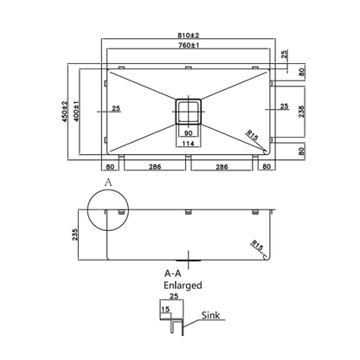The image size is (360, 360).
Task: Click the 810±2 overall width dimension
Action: click(x=188, y=34)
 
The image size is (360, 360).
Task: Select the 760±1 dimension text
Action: click(x=189, y=47)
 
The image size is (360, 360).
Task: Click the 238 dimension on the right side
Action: click(x=300, y=111)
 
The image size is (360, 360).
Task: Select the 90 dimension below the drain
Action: click(x=189, y=132)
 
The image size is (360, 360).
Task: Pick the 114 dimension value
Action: click(x=189, y=144)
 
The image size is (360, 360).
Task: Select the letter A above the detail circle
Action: click(x=107, y=183)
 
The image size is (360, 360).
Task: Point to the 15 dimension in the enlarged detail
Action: click(x=164, y=308)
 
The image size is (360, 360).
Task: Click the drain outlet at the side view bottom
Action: click(x=189, y=258)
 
